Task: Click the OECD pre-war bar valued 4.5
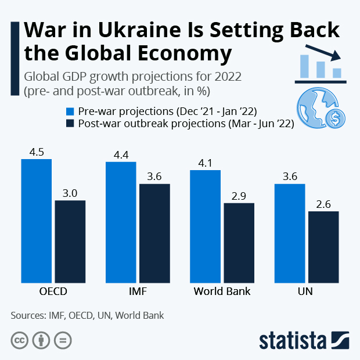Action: (36, 221)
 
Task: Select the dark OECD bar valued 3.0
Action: (70, 242)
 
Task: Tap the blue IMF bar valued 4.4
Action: (121, 222)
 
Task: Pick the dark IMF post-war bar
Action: (154, 233)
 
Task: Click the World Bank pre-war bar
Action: (205, 226)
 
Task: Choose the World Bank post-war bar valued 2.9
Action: (239, 243)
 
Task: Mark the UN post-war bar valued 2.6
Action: (323, 247)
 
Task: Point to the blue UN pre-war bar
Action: (290, 233)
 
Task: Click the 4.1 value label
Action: (205, 163)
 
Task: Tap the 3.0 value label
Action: (70, 193)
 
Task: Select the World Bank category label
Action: (222, 291)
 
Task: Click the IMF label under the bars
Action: (138, 291)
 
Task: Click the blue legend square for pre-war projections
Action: (70, 111)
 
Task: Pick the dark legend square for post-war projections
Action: (70, 123)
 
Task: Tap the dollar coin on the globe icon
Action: (336, 118)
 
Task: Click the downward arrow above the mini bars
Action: (323, 53)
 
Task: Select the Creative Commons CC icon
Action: (20, 340)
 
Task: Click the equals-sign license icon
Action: (63, 340)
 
